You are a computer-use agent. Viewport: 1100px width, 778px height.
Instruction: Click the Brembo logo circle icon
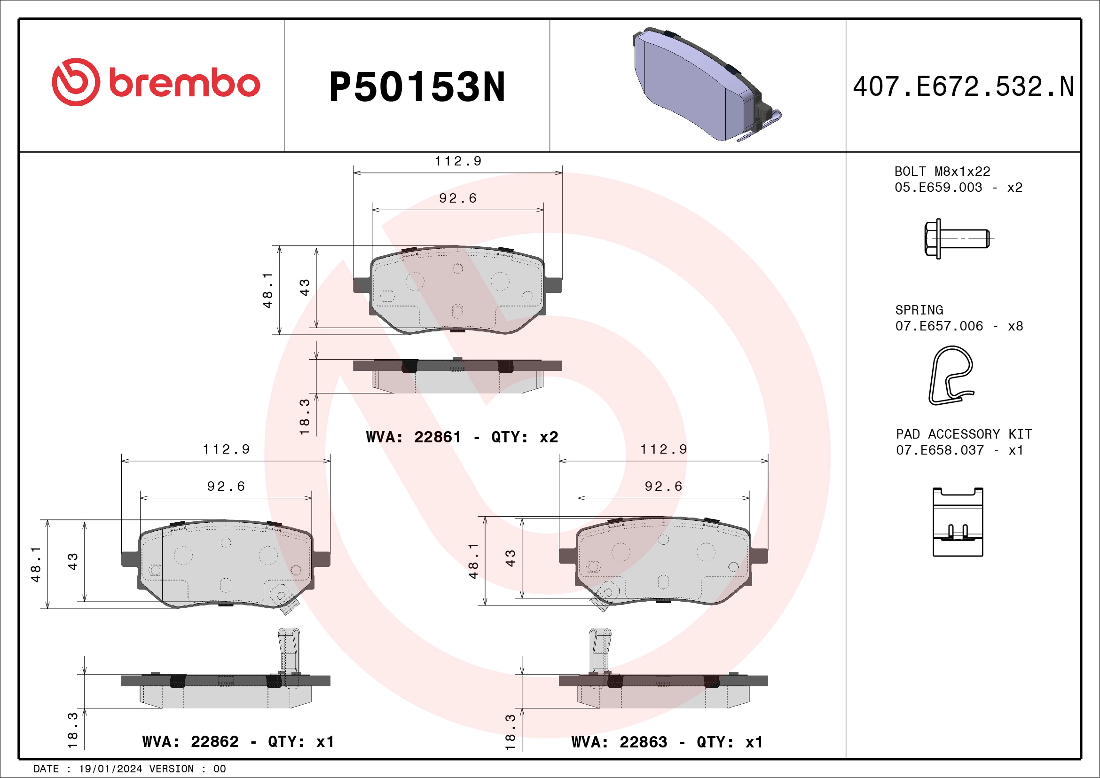tap(76, 82)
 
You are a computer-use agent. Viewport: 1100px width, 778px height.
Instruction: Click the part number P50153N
tap(417, 87)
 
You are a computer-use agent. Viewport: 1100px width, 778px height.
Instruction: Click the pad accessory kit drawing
tap(957, 522)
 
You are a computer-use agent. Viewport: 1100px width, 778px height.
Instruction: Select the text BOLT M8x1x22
tap(942, 172)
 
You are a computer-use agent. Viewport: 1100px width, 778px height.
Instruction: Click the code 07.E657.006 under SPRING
tap(939, 326)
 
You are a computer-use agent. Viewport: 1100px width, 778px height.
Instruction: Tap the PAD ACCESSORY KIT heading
tap(964, 434)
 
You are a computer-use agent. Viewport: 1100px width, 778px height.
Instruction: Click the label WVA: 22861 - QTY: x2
tap(462, 437)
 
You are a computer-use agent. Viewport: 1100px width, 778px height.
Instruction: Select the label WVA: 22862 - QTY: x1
tap(238, 742)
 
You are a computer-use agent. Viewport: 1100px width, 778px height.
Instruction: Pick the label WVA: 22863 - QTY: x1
tap(667, 742)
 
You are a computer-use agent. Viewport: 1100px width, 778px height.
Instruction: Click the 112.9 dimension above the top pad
tap(457, 161)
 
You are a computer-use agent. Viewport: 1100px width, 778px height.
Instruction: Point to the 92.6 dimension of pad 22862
tap(226, 486)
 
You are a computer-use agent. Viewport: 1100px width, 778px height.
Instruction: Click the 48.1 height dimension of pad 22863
tap(473, 560)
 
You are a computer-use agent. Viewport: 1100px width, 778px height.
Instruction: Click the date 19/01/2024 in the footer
tap(110, 769)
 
